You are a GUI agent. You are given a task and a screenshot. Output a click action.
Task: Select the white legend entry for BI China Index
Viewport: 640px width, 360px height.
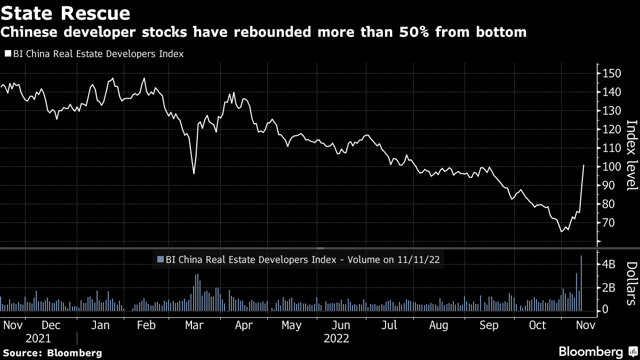pyautogui.click(x=94, y=54)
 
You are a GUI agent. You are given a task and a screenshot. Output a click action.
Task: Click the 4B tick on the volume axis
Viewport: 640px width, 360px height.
pyautogui.click(x=609, y=265)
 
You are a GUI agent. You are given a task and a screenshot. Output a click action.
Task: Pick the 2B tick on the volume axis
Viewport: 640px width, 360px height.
pyautogui.click(x=609, y=287)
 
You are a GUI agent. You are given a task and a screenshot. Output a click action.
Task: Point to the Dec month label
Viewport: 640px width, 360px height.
pyautogui.click(x=51, y=325)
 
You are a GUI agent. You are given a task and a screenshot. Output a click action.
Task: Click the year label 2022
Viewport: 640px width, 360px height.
pyautogui.click(x=336, y=338)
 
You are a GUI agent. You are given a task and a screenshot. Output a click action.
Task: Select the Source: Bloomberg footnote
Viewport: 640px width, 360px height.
pyautogui.click(x=52, y=353)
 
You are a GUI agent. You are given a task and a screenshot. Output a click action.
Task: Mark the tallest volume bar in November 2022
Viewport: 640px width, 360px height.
pyautogui.click(x=581, y=283)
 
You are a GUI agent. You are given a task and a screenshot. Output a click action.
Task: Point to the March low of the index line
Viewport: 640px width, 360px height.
pyautogui.click(x=194, y=173)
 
